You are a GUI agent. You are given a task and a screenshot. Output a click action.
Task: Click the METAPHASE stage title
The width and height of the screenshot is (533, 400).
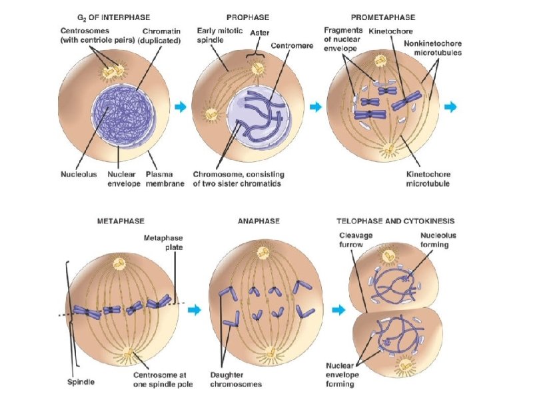(x=120, y=221)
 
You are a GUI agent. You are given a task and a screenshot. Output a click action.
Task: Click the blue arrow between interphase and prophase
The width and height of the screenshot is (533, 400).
(x=180, y=106)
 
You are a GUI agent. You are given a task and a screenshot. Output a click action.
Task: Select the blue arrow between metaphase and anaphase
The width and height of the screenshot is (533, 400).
(x=194, y=309)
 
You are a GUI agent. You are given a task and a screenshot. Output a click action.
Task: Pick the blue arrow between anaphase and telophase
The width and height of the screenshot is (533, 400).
(x=338, y=309)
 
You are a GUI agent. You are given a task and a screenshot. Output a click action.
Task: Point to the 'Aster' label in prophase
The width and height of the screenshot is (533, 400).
(x=259, y=32)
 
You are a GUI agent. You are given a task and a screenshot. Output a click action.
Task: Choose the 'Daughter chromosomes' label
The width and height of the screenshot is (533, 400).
(x=235, y=379)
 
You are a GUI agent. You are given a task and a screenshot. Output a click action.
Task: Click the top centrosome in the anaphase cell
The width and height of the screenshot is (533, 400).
(x=263, y=253)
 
